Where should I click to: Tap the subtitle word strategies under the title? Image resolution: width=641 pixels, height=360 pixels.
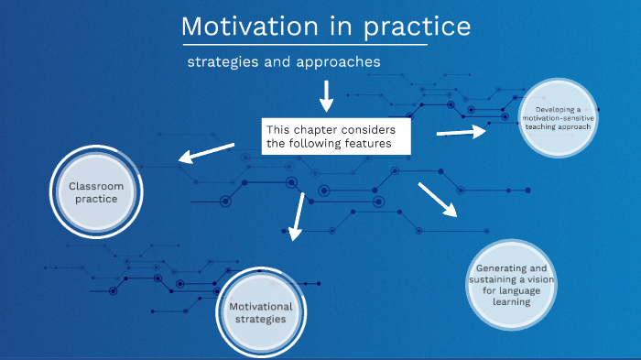click(x=223, y=62)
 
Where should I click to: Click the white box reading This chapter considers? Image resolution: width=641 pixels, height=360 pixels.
click(x=335, y=136)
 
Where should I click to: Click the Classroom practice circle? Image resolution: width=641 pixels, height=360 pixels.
click(x=96, y=192)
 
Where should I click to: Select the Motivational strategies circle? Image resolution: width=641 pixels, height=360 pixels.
click(x=260, y=312)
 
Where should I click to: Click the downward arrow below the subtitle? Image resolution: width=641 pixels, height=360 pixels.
click(x=326, y=94)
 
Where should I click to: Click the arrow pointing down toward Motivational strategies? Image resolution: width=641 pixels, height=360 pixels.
click(x=295, y=217)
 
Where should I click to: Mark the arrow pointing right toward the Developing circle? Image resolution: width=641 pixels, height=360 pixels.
click(x=462, y=133)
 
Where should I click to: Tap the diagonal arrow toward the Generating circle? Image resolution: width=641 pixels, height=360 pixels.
click(x=437, y=199)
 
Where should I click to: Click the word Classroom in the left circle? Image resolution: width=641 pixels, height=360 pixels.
click(x=96, y=186)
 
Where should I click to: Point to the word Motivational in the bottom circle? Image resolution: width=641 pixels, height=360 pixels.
click(x=261, y=306)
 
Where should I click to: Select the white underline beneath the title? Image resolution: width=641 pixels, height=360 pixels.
click(x=304, y=44)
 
